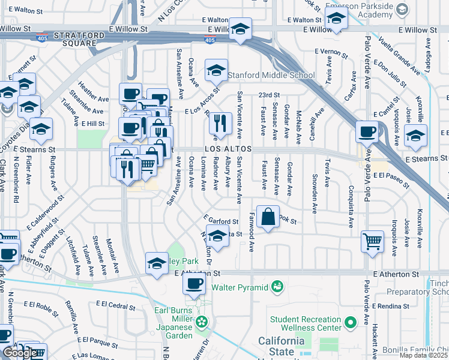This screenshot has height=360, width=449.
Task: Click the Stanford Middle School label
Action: coord(271,75)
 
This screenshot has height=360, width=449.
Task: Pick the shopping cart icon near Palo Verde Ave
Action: coord(372,241)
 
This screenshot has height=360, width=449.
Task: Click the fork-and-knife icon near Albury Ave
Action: coord(220,123)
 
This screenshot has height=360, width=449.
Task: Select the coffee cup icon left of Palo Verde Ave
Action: coord(366,131)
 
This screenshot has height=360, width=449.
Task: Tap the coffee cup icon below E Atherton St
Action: coord(194,284)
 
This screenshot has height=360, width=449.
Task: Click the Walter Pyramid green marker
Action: coord(277,287)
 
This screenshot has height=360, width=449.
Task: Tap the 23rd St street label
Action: coord(270,95)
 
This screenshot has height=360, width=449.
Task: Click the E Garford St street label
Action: coord(217,220)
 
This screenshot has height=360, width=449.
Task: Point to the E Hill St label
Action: coord(93,123)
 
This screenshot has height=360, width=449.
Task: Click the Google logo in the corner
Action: coord(20,353)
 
